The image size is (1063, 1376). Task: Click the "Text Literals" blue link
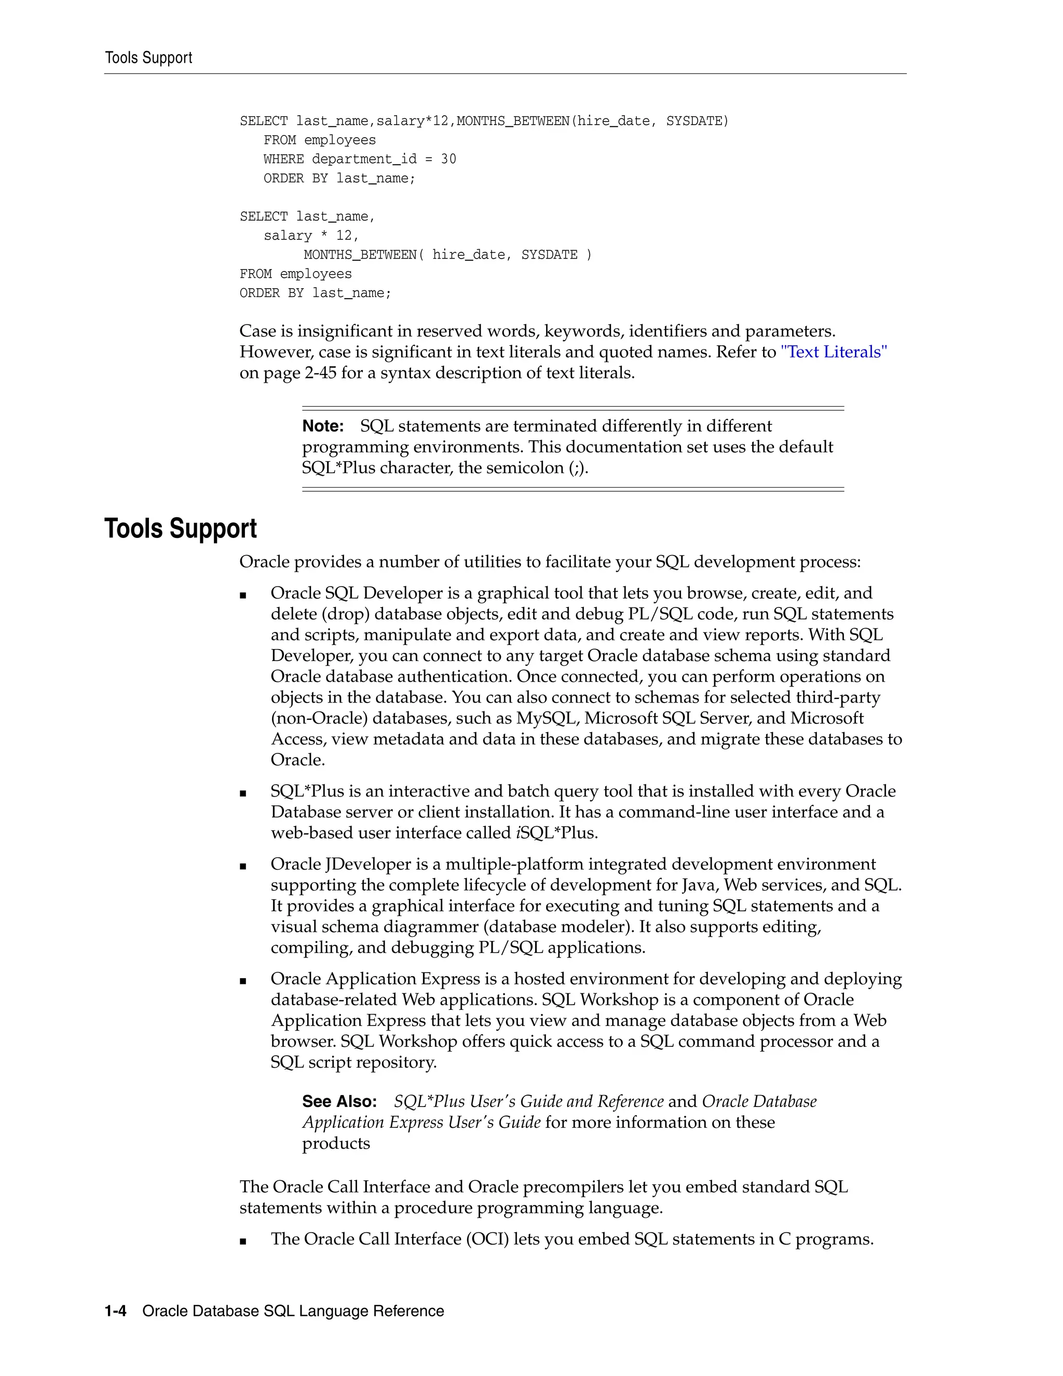click(833, 352)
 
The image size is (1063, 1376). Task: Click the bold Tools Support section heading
click(180, 528)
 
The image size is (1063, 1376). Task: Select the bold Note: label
click(323, 426)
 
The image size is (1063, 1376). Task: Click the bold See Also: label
click(339, 1101)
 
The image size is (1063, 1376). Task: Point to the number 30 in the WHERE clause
click(448, 159)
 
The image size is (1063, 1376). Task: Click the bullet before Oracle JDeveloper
click(243, 866)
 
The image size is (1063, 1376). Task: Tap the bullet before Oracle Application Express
click(243, 981)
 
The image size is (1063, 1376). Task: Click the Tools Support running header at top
click(148, 58)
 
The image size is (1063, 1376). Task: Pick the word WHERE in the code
click(283, 159)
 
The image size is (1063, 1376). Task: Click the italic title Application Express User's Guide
click(421, 1122)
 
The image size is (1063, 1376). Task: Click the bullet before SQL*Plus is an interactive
click(243, 794)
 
